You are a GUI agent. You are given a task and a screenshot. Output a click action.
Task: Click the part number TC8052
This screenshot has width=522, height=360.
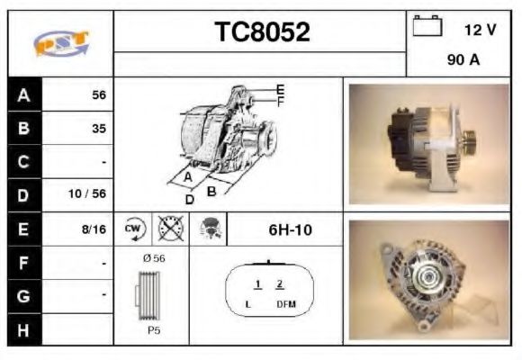tap(262, 32)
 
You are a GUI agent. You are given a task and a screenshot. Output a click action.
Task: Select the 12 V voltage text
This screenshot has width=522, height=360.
tap(480, 30)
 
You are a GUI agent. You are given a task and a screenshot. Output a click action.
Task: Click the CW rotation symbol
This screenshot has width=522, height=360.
tap(134, 229)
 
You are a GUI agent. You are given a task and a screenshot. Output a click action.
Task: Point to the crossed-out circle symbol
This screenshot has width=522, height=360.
tap(166, 229)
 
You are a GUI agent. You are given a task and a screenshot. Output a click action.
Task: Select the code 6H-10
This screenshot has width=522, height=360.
tap(290, 229)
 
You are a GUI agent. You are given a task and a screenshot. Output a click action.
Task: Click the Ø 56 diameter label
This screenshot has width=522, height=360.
tap(154, 258)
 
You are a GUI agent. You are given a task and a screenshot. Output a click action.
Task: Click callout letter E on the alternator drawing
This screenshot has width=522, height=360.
tap(280, 89)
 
